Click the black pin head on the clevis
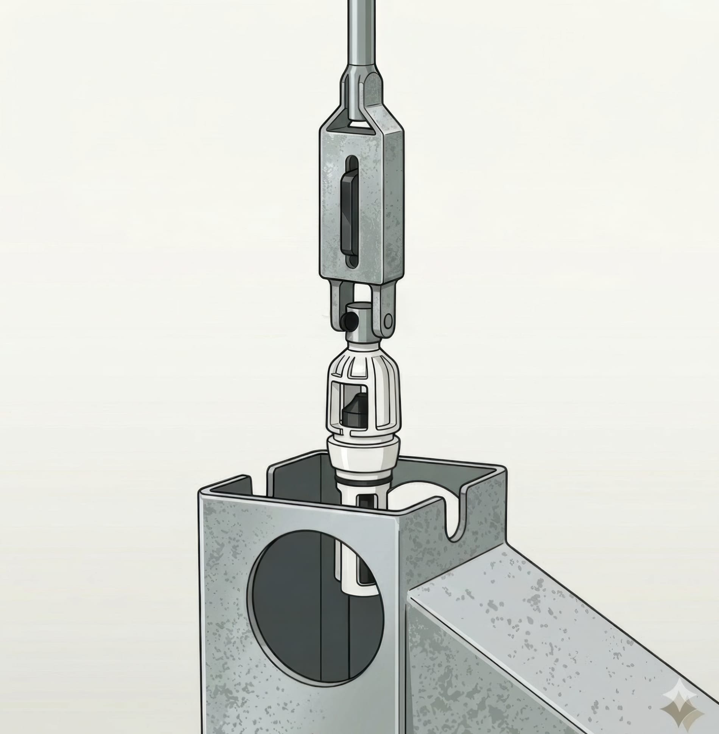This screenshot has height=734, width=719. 349,321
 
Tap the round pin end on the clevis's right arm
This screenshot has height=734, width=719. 388,322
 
